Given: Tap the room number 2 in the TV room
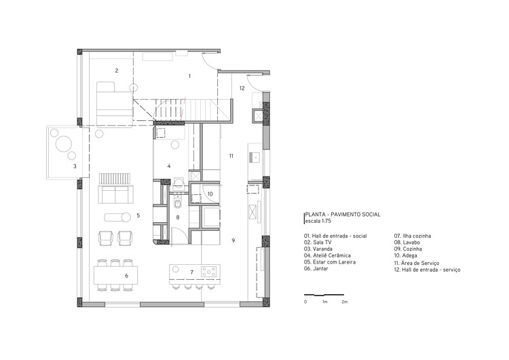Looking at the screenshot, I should point(117,71).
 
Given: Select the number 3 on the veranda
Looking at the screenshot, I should point(75,166).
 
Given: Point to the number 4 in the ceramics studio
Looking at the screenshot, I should point(169,166).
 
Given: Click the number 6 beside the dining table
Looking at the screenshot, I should point(126,276).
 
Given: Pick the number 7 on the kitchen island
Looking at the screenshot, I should point(192,272).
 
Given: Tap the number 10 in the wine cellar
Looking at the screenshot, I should point(210,194).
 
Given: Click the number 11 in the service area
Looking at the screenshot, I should point(231,156).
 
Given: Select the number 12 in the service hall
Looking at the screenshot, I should point(242,88).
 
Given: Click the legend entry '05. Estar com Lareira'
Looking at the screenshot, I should point(330,262).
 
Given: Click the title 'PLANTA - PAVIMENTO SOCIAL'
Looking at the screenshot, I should point(342,215).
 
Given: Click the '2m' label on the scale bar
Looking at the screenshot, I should point(344,301).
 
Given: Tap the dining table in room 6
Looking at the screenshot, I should point(116,274).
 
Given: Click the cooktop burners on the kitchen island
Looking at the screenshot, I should point(210,272).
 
